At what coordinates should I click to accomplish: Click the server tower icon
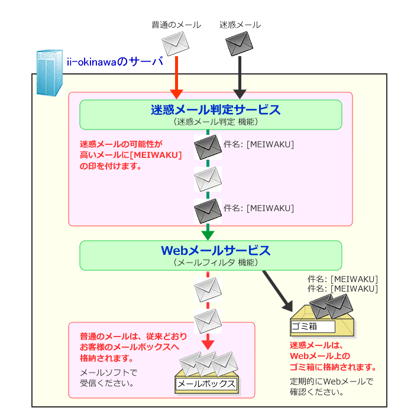(x=49, y=73)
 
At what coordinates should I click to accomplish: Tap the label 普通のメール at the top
(x=176, y=25)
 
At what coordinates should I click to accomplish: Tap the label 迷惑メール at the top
(x=240, y=25)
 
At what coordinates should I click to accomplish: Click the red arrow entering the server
(x=176, y=80)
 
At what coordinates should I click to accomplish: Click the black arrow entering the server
(x=240, y=80)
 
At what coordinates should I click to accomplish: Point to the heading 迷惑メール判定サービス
(x=215, y=109)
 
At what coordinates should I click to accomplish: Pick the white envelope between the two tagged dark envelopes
(x=208, y=177)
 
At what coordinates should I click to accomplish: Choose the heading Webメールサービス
(x=215, y=250)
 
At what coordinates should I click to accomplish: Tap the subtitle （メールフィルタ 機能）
(x=215, y=262)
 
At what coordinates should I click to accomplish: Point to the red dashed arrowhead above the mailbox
(x=208, y=344)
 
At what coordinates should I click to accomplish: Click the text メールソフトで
(x=108, y=372)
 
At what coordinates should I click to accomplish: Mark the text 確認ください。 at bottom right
(x=316, y=391)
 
